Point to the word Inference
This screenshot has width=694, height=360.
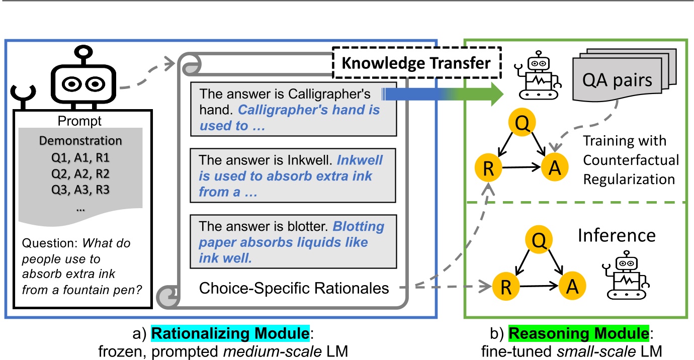coord(616,235)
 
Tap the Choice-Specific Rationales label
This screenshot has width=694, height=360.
coord(294,288)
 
